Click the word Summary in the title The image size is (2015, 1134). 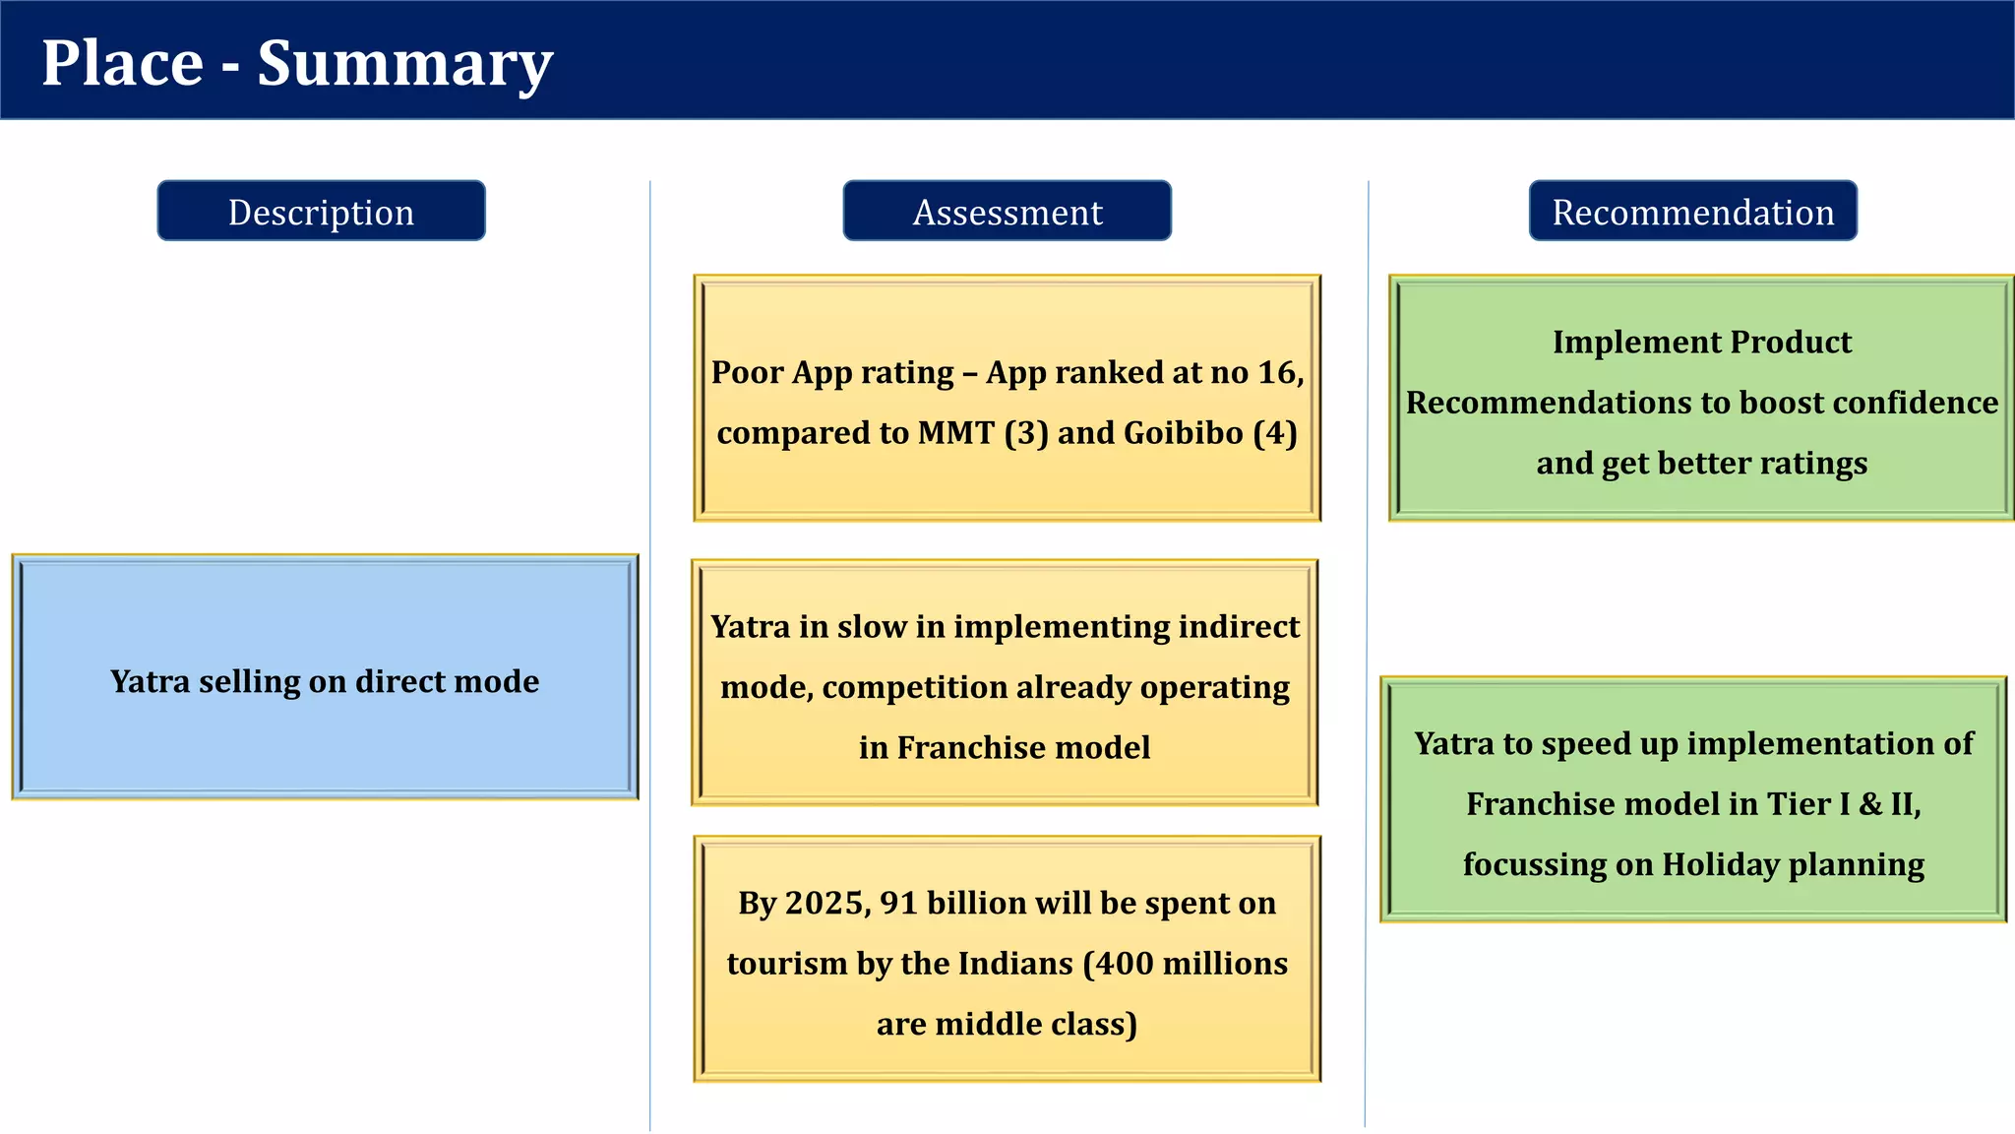(x=404, y=64)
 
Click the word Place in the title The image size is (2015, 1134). (x=122, y=64)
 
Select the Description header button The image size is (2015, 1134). (x=321, y=212)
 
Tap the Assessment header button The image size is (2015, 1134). (x=1007, y=212)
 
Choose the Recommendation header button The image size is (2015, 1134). (x=1692, y=212)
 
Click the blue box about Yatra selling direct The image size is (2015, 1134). (x=325, y=679)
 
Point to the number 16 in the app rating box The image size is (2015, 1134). (x=1277, y=373)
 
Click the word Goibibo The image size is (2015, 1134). (x=1183, y=433)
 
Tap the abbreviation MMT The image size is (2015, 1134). (x=955, y=433)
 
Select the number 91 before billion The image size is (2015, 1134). (x=898, y=904)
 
